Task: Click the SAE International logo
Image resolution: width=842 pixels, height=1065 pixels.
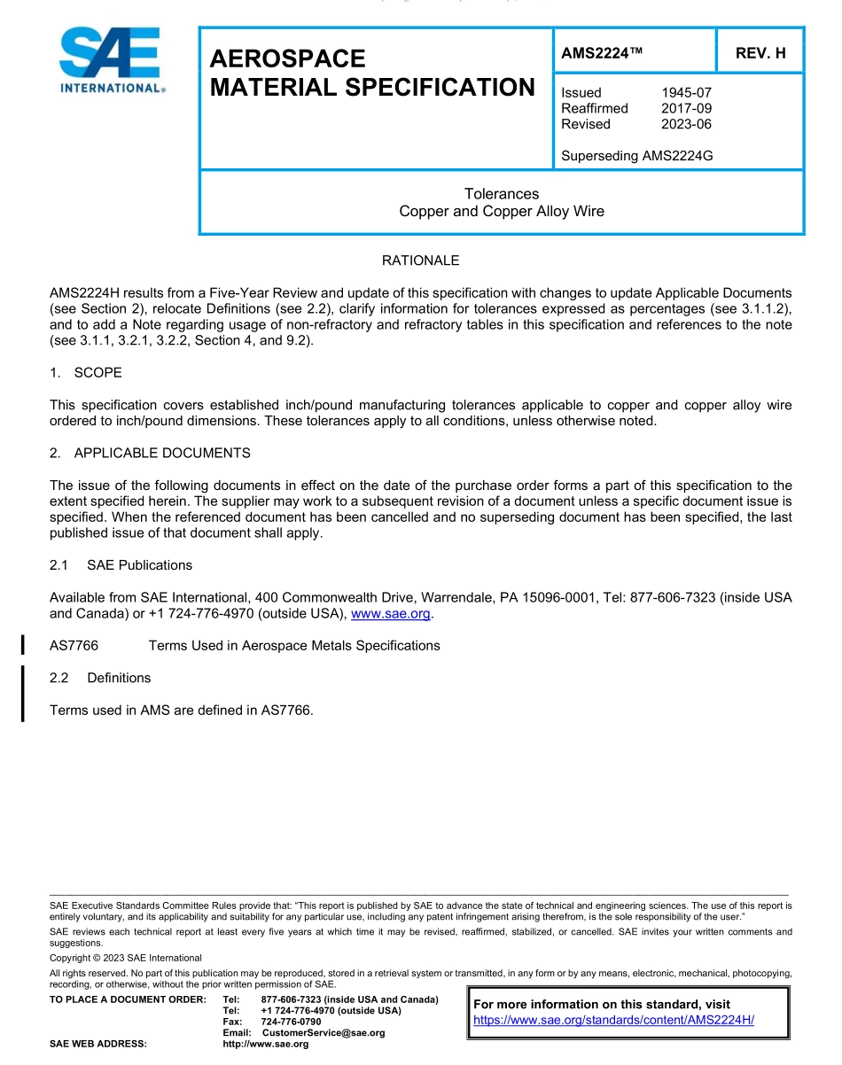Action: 111,60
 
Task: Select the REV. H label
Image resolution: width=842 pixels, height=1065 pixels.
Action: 760,53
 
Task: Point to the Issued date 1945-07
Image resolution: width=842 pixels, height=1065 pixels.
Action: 686,92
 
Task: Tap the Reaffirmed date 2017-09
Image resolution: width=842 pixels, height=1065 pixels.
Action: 686,108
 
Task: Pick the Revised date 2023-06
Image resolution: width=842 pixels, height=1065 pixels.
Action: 686,124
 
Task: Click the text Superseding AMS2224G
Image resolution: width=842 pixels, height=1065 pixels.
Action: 636,156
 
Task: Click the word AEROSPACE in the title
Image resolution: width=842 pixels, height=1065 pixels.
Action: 287,58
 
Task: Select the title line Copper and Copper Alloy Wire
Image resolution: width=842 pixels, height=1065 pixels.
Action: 502,211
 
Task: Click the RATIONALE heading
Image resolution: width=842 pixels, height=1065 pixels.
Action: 420,260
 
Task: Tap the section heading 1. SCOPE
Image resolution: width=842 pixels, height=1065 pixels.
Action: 86,372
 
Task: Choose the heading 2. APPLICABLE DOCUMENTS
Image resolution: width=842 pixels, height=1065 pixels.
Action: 150,453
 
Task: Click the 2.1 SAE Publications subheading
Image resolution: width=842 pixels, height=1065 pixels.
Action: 121,565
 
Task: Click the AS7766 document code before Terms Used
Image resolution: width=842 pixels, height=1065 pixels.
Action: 74,645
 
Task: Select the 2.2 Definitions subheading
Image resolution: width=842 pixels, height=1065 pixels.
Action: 100,678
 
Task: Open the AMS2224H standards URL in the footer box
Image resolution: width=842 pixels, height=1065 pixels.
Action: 613,1020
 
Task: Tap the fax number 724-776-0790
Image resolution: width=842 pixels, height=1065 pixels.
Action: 291,1022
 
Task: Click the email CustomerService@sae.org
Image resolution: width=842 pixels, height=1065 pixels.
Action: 324,1033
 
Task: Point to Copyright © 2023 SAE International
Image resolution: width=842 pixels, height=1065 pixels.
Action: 126,958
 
